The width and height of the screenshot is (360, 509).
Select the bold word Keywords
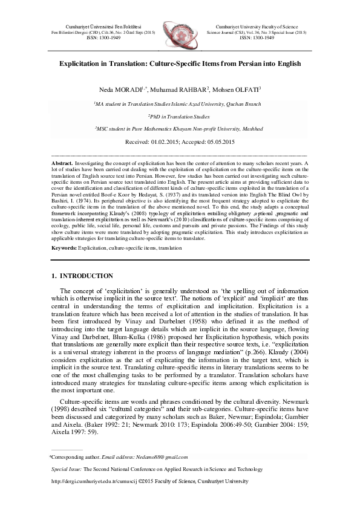point(64,248)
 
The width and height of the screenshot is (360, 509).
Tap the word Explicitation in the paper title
point(83,63)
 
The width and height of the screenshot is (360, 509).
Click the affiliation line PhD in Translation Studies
point(180,116)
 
